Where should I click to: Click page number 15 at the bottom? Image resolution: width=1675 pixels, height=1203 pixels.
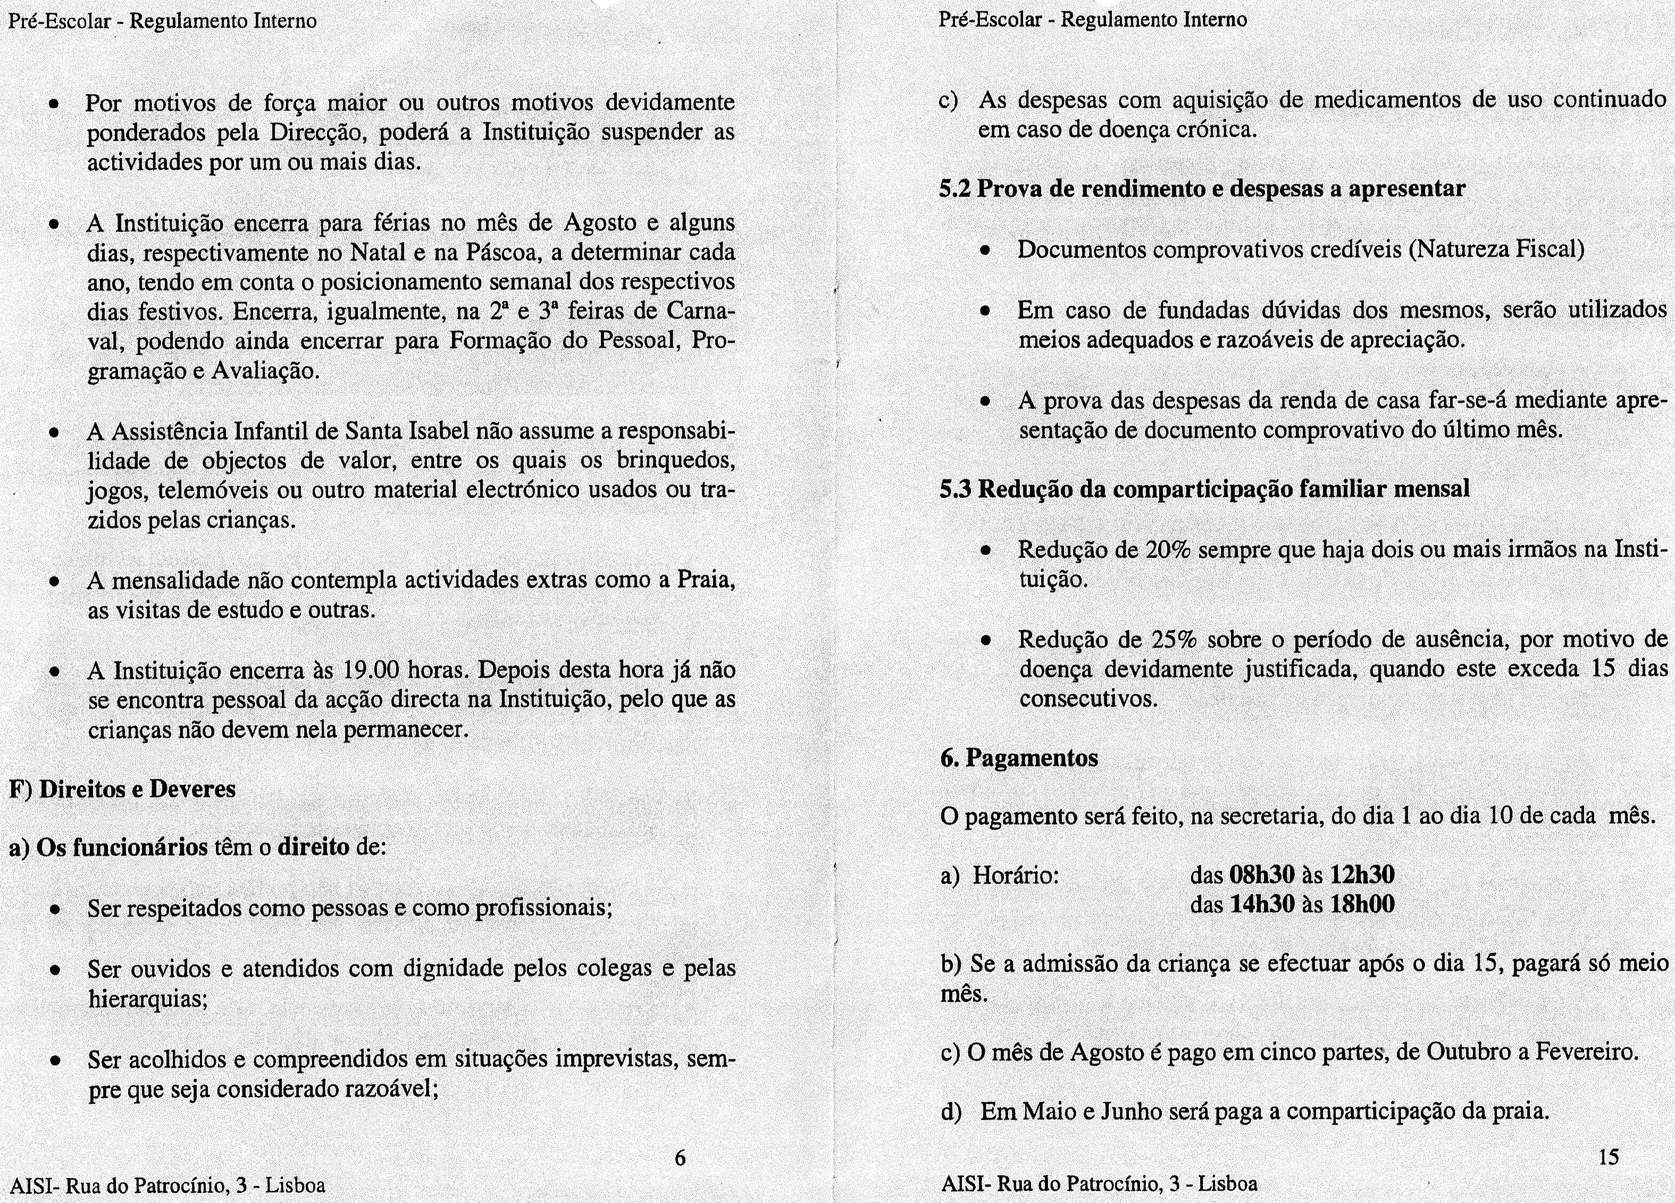click(1609, 1157)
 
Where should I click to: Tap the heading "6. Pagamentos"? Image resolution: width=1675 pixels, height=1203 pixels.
click(1019, 758)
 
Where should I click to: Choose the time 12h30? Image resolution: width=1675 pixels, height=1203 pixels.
click(1362, 875)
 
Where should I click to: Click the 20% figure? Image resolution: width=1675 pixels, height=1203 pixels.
click(1168, 550)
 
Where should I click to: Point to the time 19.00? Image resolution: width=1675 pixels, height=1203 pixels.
click(372, 671)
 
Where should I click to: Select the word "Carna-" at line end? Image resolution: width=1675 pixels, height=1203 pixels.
click(701, 311)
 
